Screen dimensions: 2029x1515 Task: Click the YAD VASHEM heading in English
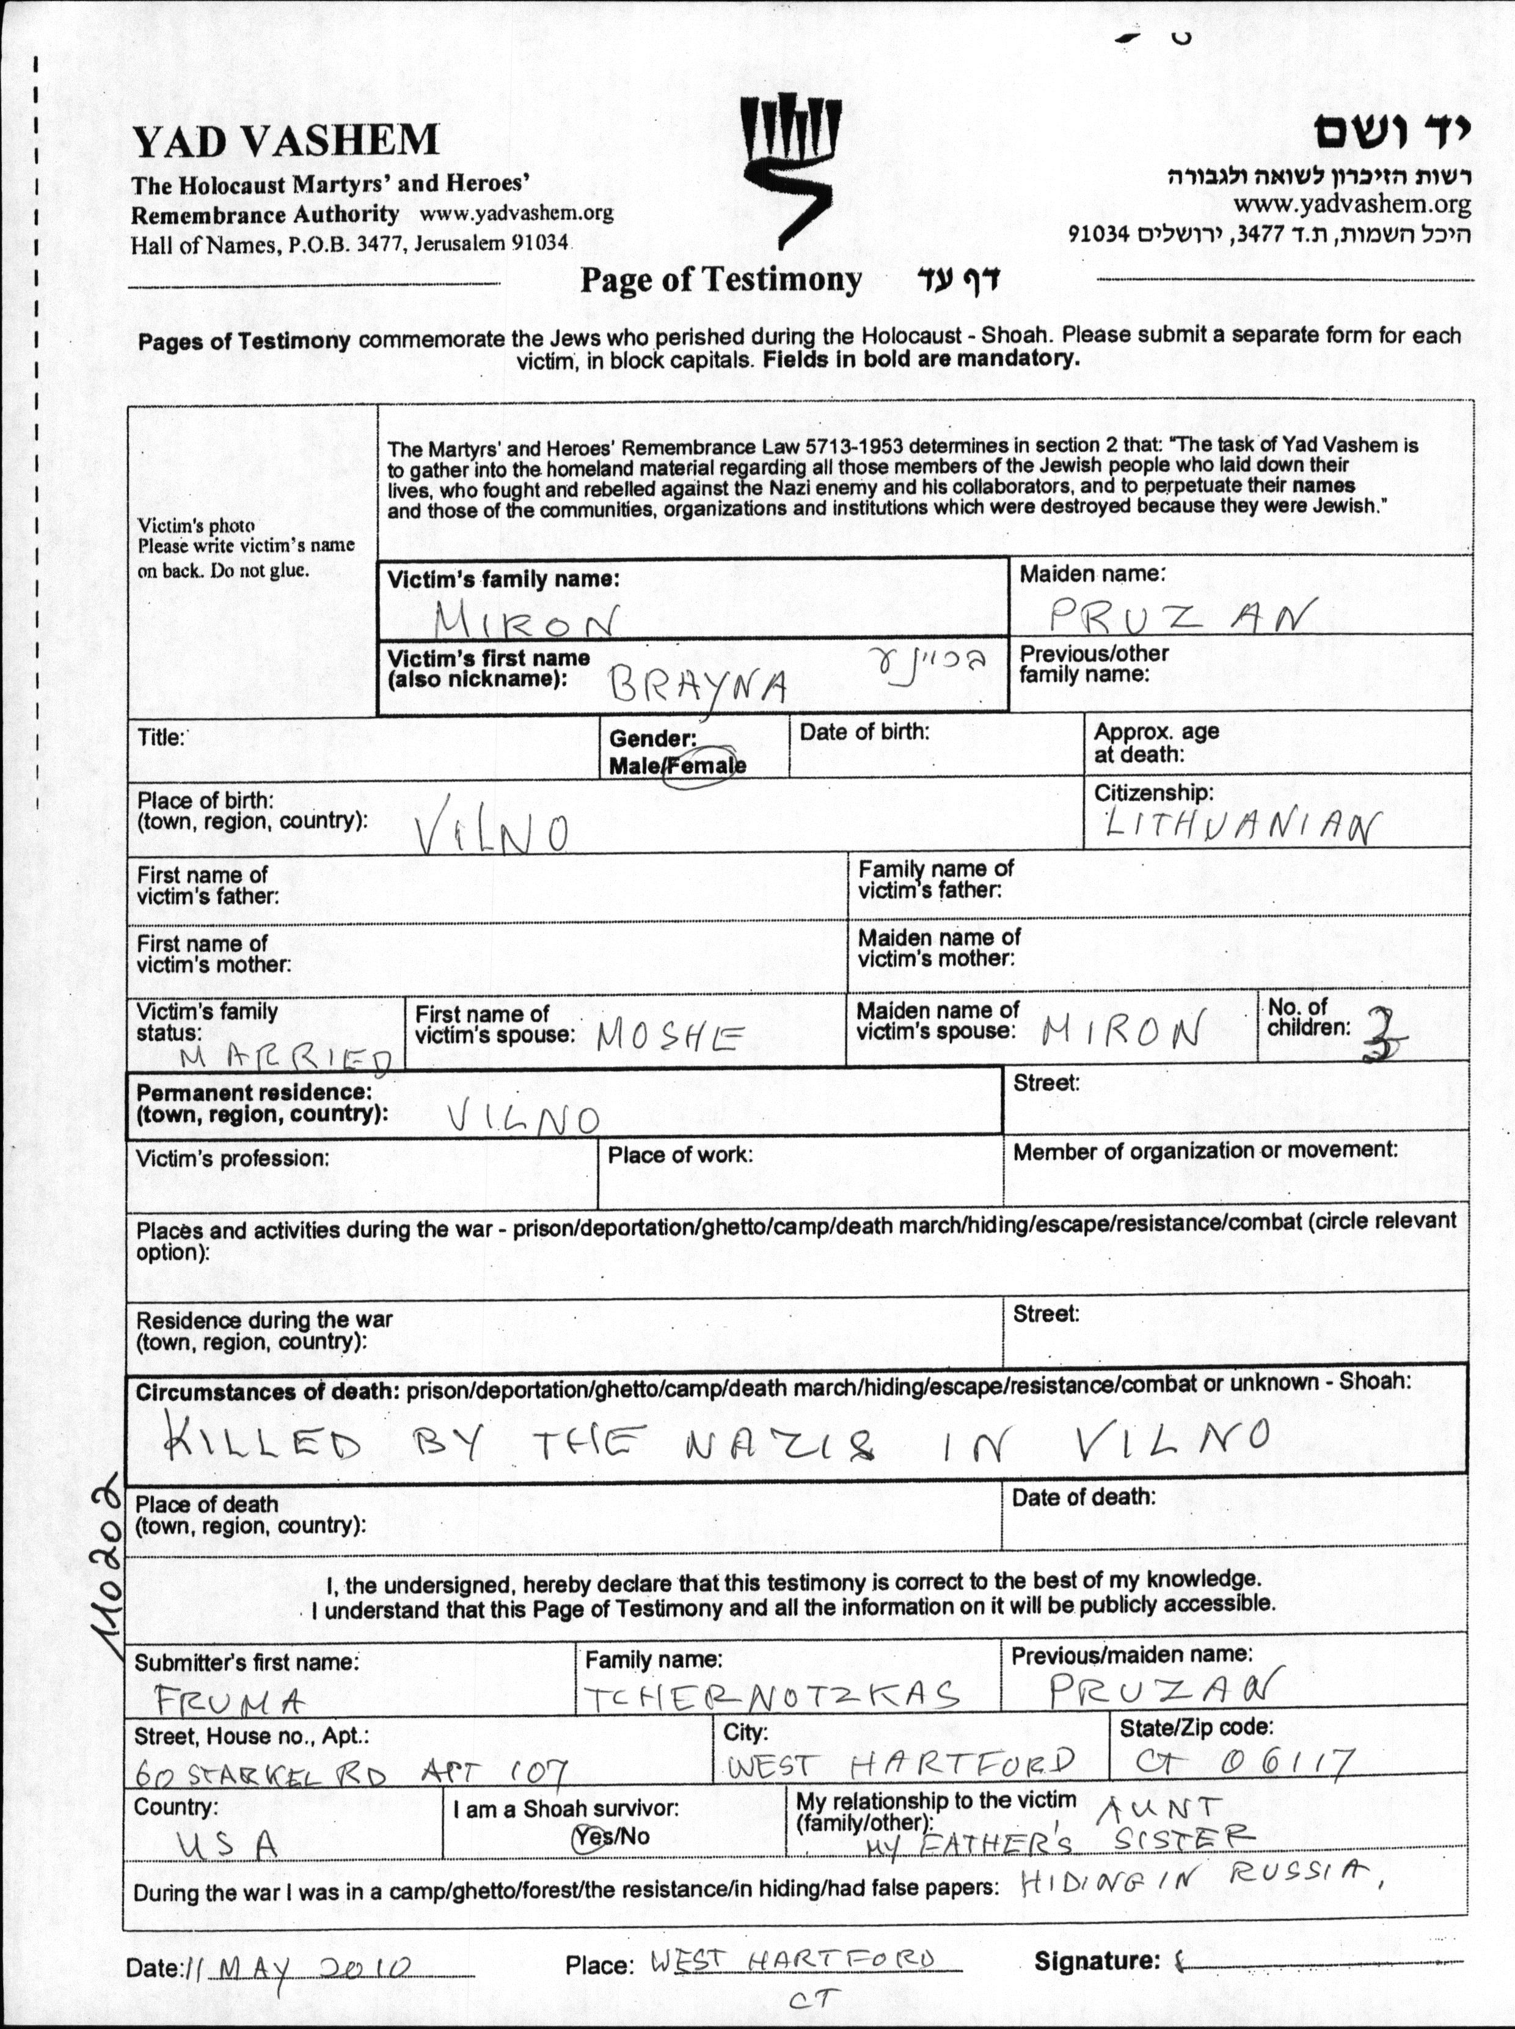285,141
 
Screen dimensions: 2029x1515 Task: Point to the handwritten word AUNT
1159,1808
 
